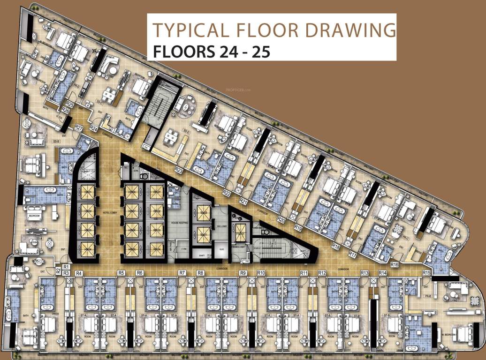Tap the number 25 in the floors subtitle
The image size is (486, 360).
(x=259, y=51)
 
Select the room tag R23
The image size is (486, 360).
(x=178, y=170)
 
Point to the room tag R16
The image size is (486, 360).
(x=395, y=265)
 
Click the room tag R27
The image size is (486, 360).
(x=79, y=127)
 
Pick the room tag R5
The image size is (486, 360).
(x=121, y=272)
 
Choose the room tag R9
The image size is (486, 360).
(x=243, y=272)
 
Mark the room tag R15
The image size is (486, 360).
(x=426, y=272)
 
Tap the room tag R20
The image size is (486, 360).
(x=281, y=219)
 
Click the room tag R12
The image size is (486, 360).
(x=322, y=272)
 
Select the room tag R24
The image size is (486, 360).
(x=93, y=127)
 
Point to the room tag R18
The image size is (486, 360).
(x=335, y=246)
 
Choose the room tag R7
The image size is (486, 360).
(x=182, y=272)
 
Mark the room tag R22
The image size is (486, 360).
(x=227, y=192)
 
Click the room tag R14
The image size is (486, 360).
(x=382, y=272)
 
